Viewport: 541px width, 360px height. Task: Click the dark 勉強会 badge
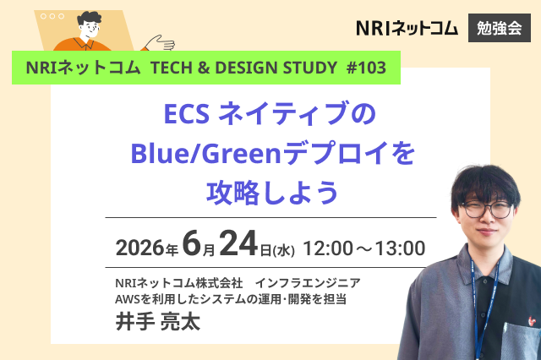click(x=500, y=28)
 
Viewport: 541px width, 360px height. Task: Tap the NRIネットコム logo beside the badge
click(x=407, y=28)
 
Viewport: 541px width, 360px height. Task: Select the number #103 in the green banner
click(x=366, y=68)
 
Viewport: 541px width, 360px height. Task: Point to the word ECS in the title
click(x=186, y=114)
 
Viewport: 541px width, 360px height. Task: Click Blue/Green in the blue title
click(x=205, y=154)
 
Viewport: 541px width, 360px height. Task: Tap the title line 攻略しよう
click(x=272, y=193)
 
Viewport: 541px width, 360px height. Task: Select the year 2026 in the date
click(x=139, y=248)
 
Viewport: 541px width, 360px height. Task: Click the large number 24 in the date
click(x=238, y=243)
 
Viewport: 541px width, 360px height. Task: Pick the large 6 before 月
click(x=192, y=243)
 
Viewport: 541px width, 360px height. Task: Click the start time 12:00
click(x=328, y=248)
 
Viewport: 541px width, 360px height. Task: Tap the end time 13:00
click(x=400, y=248)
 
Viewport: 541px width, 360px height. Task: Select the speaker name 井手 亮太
click(x=158, y=321)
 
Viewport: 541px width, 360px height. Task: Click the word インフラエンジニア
click(x=308, y=283)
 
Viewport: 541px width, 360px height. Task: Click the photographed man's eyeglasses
click(x=486, y=209)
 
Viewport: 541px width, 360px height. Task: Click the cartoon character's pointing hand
click(x=160, y=43)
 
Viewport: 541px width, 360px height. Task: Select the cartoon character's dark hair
click(x=89, y=19)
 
